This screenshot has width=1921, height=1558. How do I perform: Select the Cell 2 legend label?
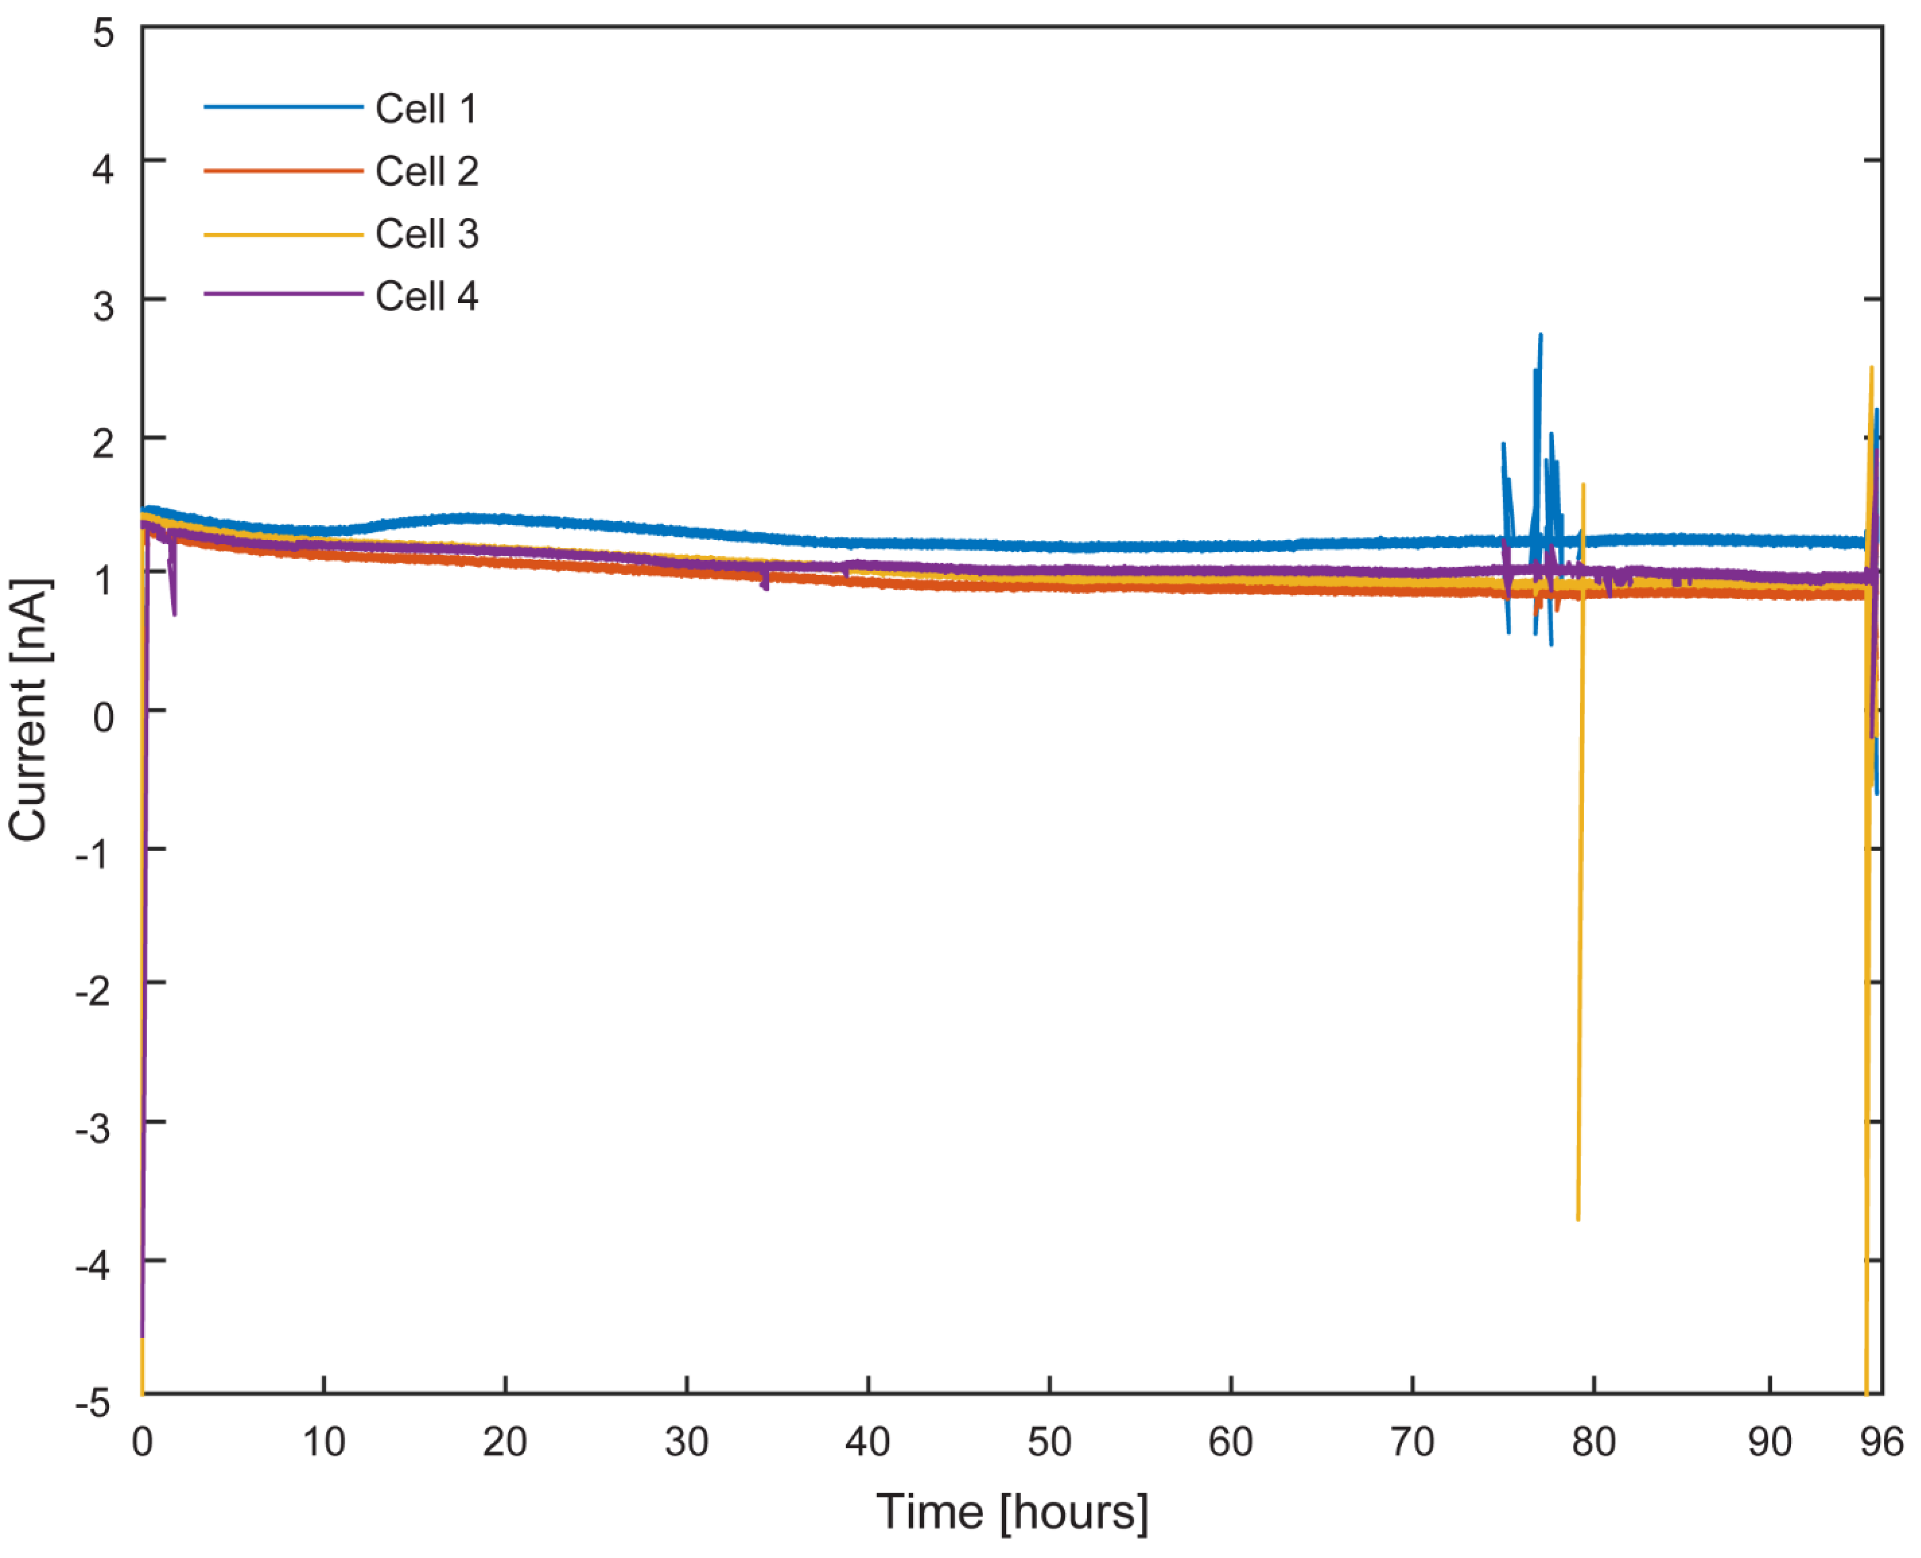coord(426,171)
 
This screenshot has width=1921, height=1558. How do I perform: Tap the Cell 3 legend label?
coord(426,234)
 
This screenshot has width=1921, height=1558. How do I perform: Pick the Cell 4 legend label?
coord(426,296)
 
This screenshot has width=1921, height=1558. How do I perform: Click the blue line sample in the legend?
coord(282,107)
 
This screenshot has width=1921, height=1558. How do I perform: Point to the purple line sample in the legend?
coord(282,293)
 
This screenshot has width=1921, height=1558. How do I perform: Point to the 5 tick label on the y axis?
coord(104,34)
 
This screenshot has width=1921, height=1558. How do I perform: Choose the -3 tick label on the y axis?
coord(93,1127)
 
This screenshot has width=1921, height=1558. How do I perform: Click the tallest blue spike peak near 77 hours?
coord(1541,335)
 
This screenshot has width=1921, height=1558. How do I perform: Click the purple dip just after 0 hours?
coord(174,614)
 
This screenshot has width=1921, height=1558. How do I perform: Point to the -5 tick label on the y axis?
coord(93,1401)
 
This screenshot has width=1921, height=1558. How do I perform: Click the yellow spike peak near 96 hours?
coord(1871,368)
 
